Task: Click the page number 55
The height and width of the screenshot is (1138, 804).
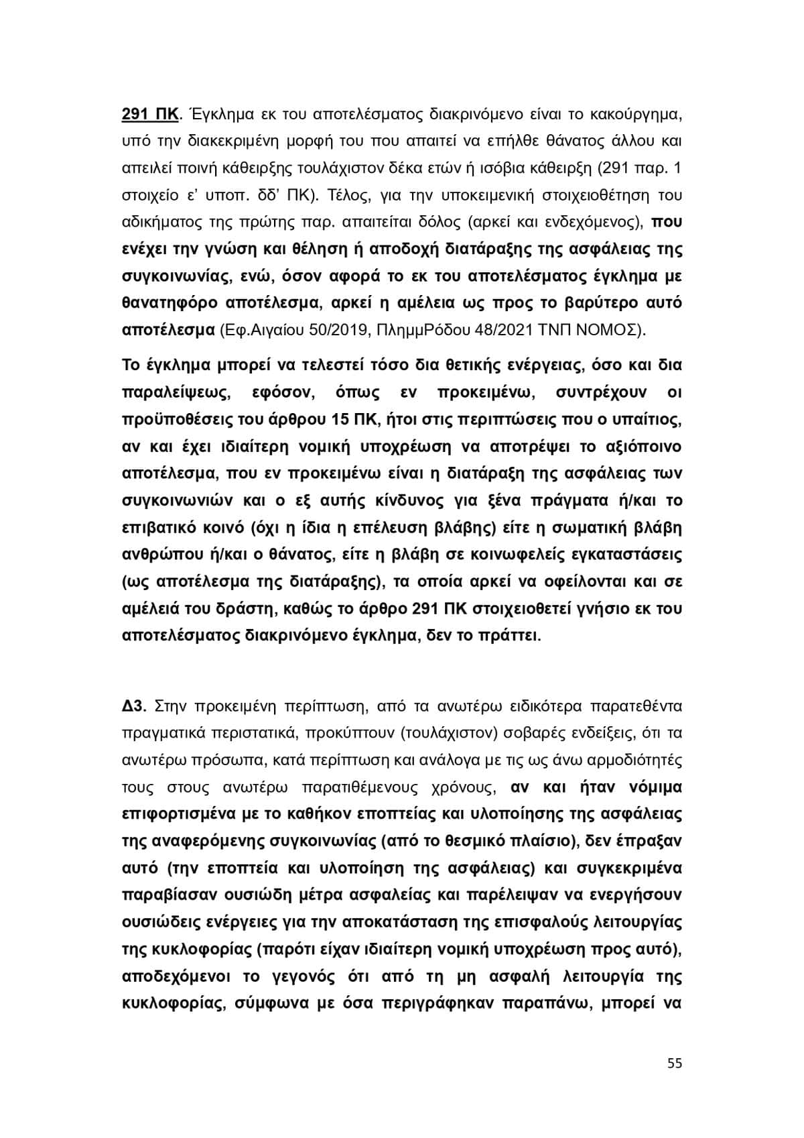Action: tap(675, 1064)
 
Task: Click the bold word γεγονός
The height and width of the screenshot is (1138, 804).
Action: tap(291, 976)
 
